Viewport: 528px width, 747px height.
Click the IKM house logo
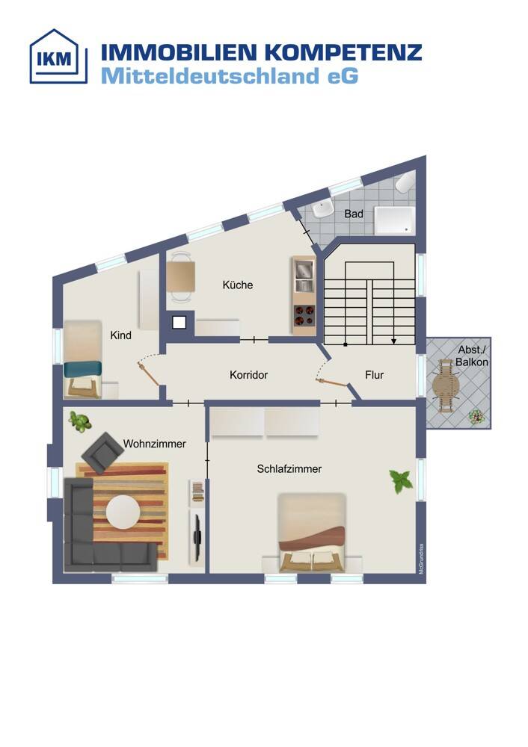pos(58,56)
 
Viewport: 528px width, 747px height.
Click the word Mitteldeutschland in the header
pos(210,76)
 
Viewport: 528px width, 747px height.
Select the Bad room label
pos(354,214)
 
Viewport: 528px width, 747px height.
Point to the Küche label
pos(238,285)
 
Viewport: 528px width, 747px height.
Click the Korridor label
pos(248,375)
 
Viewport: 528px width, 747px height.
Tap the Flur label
pos(375,375)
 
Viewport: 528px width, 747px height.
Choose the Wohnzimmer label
pos(155,444)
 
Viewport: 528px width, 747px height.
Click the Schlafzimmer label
pos(289,469)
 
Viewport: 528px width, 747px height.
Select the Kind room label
pos(120,335)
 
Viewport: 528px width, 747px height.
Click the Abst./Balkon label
pos(472,356)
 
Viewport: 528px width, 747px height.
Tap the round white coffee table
pos(123,512)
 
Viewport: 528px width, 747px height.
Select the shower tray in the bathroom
pos(394,220)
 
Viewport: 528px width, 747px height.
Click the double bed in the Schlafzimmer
pos(311,532)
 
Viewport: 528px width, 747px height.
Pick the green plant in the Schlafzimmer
pos(401,481)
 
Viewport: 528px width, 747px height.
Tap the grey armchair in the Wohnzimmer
pos(102,453)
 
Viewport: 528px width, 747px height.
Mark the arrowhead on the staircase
pos(393,341)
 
